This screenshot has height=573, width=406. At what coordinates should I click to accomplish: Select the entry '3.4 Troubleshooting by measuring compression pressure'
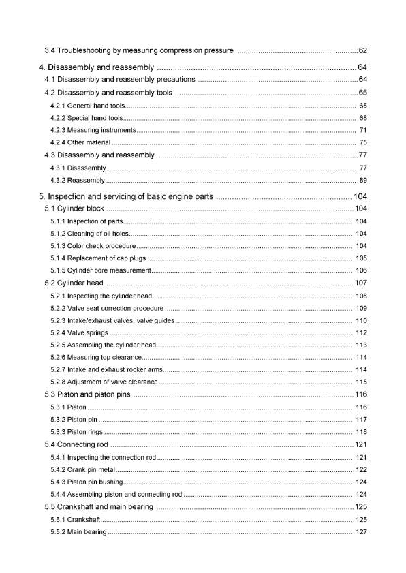tap(139, 50)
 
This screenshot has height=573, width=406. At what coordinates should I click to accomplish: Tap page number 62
tap(362, 50)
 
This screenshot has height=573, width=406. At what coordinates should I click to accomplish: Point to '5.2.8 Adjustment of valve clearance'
tap(104, 382)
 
